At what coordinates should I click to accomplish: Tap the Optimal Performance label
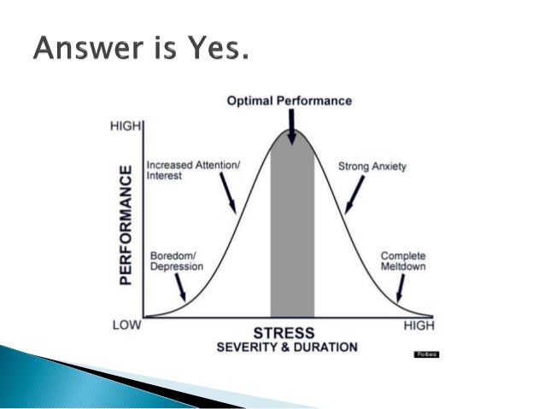(289, 101)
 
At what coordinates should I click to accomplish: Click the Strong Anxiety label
(372, 167)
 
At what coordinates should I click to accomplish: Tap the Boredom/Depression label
(177, 260)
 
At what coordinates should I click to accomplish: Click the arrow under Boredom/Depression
(179, 289)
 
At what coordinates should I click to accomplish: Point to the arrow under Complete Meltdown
(399, 289)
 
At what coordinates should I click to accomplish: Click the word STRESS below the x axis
(284, 332)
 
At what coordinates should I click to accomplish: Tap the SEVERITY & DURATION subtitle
(286, 347)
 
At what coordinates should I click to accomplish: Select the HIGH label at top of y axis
(126, 127)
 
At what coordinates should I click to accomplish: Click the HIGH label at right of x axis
(419, 326)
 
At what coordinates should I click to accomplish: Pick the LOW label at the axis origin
(126, 325)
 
